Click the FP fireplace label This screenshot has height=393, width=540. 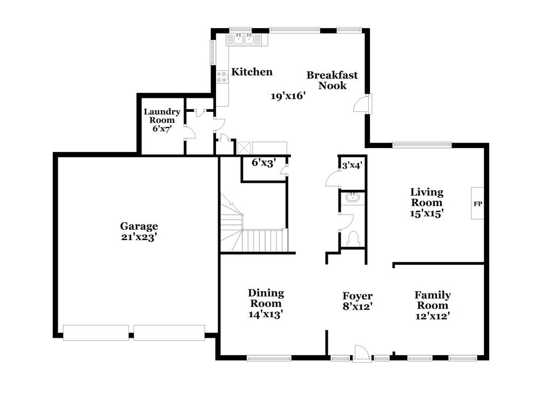pyautogui.click(x=477, y=204)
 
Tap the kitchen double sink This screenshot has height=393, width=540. pyautogui.click(x=244, y=39)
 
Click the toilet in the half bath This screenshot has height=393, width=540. pyautogui.click(x=354, y=238)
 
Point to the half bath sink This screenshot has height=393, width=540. pyautogui.click(x=353, y=197)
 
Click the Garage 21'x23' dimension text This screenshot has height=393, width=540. pyautogui.click(x=139, y=237)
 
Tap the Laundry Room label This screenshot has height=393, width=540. pyautogui.click(x=162, y=116)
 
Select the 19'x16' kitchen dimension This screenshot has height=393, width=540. pyautogui.click(x=288, y=96)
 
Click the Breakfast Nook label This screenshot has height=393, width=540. pyautogui.click(x=332, y=80)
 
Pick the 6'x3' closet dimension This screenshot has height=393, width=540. pyautogui.click(x=264, y=162)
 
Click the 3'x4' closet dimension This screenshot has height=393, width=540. pyautogui.click(x=351, y=166)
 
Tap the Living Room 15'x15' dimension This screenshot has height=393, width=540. pyautogui.click(x=427, y=213)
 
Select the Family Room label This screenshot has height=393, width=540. pyautogui.click(x=433, y=300)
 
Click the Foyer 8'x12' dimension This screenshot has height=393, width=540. pyautogui.click(x=357, y=307)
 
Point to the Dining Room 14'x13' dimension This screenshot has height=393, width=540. pyautogui.click(x=266, y=314)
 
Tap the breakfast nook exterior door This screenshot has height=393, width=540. pyautogui.click(x=363, y=103)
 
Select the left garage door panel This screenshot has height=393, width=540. pyautogui.click(x=96, y=332)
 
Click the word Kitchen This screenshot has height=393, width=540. pyautogui.click(x=252, y=72)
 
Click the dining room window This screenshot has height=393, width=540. pyautogui.click(x=269, y=357)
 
